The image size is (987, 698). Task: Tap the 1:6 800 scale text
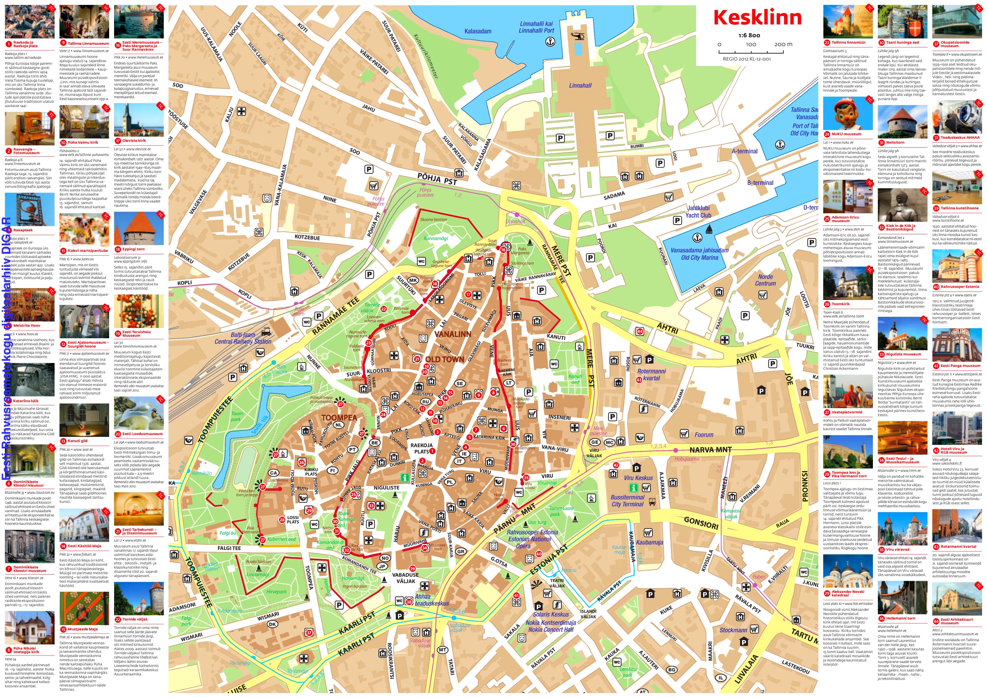749,35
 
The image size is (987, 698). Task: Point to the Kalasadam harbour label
478,31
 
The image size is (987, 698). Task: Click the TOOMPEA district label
339,417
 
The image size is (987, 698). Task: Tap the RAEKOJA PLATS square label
422,448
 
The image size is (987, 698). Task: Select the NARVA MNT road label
710,450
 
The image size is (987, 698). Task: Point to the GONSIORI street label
701,523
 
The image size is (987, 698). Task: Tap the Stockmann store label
733,630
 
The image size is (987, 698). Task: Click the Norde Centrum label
765,280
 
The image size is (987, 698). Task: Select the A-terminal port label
745,151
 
